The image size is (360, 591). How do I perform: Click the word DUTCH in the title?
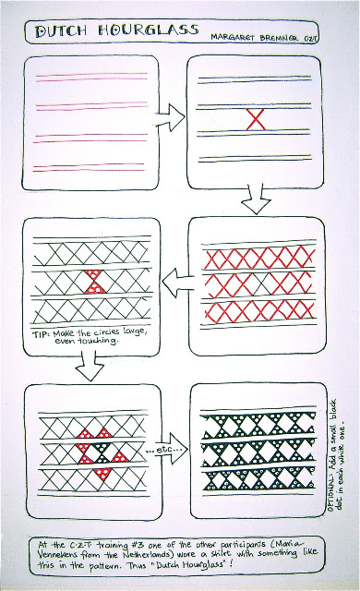coord(61,31)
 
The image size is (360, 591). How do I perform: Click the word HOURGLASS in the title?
coord(149,30)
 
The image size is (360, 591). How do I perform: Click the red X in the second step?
coord(256,119)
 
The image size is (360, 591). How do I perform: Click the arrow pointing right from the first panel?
coord(171,117)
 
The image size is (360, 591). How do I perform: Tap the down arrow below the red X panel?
coord(256,199)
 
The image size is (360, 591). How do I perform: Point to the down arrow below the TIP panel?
coord(90,366)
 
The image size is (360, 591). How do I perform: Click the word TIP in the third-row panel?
coord(41,334)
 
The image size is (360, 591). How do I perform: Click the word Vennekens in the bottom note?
coord(57,555)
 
